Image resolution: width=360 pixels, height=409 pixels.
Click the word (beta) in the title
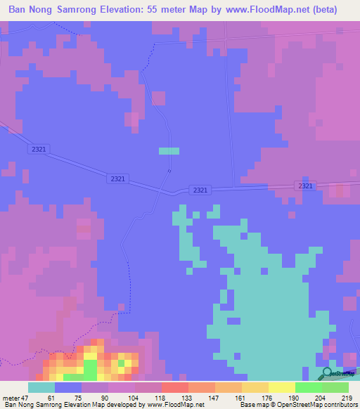[324, 10]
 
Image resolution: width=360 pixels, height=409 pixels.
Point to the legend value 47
[26, 398]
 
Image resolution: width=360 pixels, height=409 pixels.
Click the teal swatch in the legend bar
[41, 387]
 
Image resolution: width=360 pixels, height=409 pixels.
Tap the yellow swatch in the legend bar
[281, 387]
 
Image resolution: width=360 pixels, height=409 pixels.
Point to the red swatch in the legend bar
[174, 387]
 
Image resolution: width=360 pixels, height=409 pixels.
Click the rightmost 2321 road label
[304, 186]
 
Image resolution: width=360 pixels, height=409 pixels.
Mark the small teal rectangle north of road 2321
[169, 150]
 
